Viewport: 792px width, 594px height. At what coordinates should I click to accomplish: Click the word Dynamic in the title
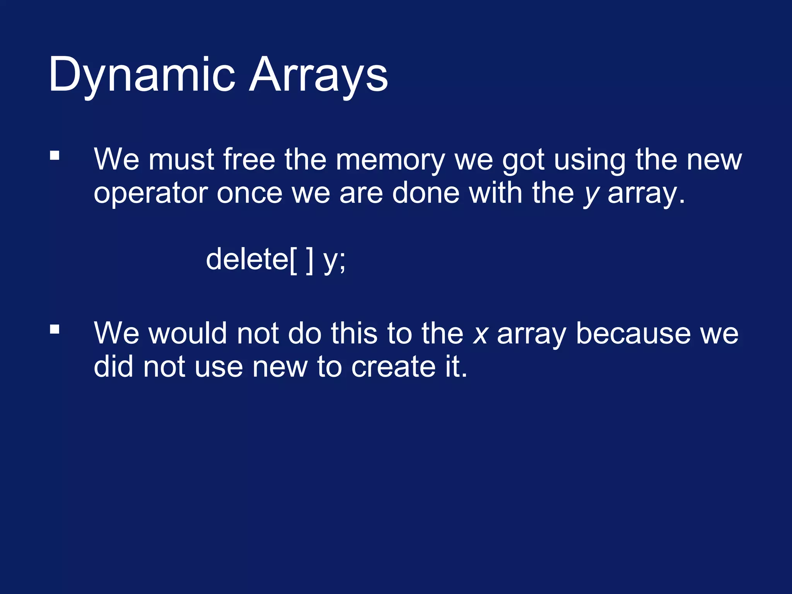pyautogui.click(x=142, y=75)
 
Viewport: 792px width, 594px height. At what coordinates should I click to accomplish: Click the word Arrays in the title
pyautogui.click(x=318, y=75)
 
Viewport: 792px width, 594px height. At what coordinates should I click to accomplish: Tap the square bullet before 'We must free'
pyautogui.click(x=55, y=155)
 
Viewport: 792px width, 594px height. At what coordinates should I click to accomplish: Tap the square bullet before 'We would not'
pyautogui.click(x=55, y=329)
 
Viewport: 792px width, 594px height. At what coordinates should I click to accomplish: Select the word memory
pyautogui.click(x=390, y=160)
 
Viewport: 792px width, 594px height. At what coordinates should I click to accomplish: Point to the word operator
pyautogui.click(x=150, y=193)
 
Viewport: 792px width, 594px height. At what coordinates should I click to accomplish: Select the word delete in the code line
pyautogui.click(x=247, y=259)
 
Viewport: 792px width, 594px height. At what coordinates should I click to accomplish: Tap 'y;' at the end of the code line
pyautogui.click(x=335, y=261)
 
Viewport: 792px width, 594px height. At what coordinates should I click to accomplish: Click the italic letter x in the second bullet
pyautogui.click(x=480, y=334)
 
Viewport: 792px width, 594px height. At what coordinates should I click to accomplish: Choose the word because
pyautogui.click(x=633, y=333)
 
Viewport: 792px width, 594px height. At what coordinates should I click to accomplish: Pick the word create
pyautogui.click(x=393, y=367)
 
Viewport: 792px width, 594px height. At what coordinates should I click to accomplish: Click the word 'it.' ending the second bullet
pyautogui.click(x=456, y=367)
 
